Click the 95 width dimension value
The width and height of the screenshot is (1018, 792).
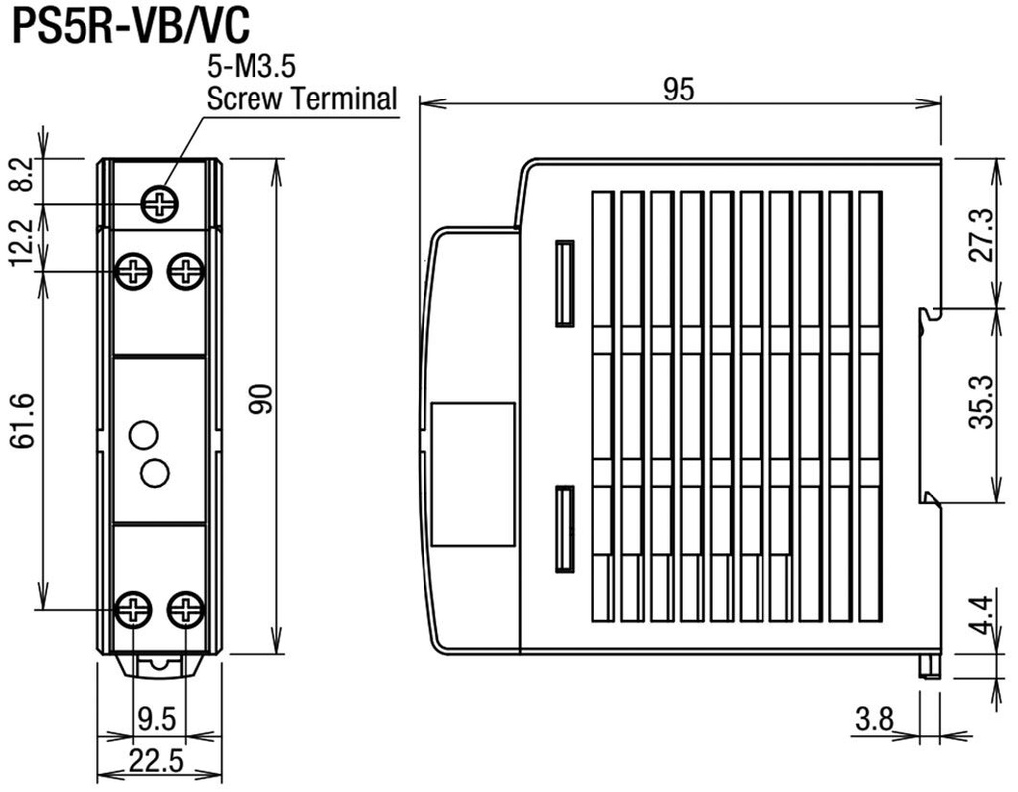[x=679, y=90]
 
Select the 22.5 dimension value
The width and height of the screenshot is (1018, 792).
[x=157, y=761]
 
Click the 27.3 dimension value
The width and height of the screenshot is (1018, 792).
[x=981, y=234]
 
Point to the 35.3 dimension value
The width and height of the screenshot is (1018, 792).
[x=981, y=401]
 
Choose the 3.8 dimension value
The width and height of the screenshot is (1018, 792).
[x=874, y=718]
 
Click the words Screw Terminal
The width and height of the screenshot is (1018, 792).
[x=300, y=99]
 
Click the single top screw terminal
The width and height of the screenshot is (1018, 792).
[x=159, y=204]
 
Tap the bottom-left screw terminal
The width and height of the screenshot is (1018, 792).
[x=133, y=609]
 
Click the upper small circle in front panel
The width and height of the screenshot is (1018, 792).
[x=144, y=434]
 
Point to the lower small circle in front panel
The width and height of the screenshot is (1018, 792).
[x=154, y=473]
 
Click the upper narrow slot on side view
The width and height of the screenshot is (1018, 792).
[x=564, y=283]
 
